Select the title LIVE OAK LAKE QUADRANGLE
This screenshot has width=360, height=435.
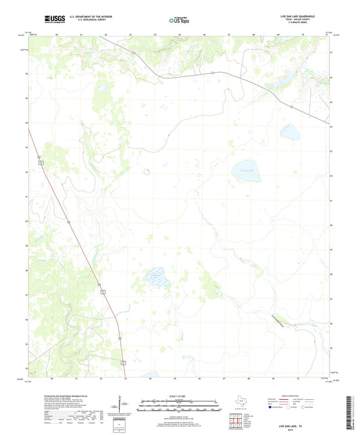click(312, 15)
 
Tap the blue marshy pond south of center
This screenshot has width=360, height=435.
click(156, 277)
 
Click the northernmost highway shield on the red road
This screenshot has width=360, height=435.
click(41, 163)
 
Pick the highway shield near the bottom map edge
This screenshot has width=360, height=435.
click(123, 363)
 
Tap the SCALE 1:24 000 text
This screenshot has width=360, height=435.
click(179, 396)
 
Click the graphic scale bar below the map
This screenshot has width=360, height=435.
click(179, 407)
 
